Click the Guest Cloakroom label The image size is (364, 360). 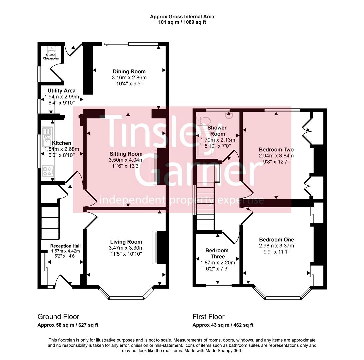[51, 57]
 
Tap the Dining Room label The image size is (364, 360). [129, 71]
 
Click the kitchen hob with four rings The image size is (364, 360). [47, 172]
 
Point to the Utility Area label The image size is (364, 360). [61, 90]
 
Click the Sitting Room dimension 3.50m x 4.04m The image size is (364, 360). [126, 160]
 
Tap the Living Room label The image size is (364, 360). [126, 242]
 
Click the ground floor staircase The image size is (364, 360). [50, 222]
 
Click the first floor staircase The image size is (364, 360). [205, 207]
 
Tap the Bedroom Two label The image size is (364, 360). [276, 150]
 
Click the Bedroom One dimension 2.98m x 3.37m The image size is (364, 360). [276, 246]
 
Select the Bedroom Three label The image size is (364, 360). [217, 253]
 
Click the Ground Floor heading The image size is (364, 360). [58, 317]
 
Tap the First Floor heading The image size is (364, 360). [209, 317]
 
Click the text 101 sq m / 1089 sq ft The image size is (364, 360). [182, 22]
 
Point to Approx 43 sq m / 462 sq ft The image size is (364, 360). [223, 325]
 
